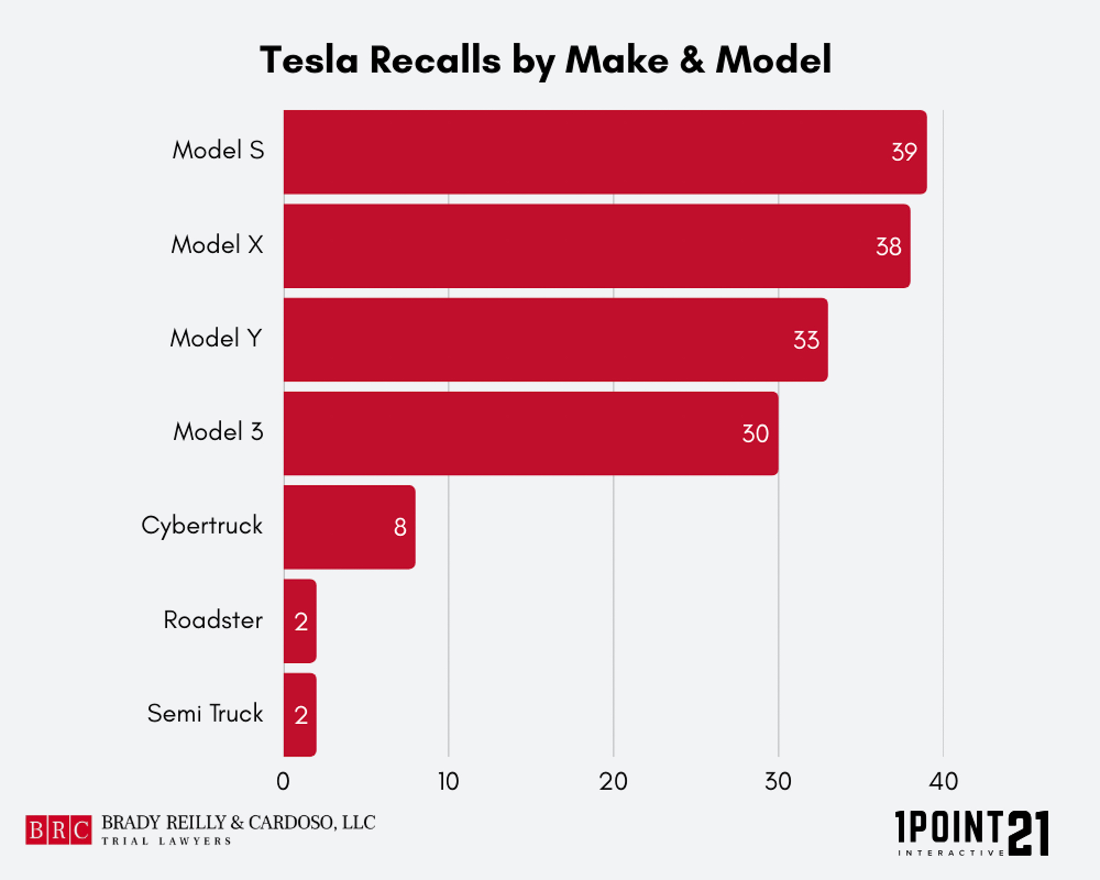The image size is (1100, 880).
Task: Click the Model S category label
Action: [218, 150]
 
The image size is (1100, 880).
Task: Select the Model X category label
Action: [217, 245]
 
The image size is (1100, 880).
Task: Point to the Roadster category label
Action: [213, 620]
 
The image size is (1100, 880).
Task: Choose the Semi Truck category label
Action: [205, 714]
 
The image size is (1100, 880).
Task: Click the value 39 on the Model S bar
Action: [904, 152]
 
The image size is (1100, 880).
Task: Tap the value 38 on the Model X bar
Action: [888, 247]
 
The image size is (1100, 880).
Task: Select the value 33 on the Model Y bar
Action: [806, 340]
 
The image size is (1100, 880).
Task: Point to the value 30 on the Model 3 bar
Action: [755, 434]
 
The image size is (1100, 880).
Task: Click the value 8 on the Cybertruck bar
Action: [400, 528]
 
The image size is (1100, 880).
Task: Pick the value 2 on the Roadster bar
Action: [301, 622]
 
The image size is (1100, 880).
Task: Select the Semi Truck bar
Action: [300, 715]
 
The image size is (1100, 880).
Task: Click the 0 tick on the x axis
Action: [283, 781]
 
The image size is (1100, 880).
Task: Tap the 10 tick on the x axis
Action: [448, 781]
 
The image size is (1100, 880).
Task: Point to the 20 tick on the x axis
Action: [613, 781]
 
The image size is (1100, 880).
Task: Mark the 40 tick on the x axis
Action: [943, 781]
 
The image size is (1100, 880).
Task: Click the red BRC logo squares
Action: [59, 830]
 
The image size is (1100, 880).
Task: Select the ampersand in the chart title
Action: [692, 60]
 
